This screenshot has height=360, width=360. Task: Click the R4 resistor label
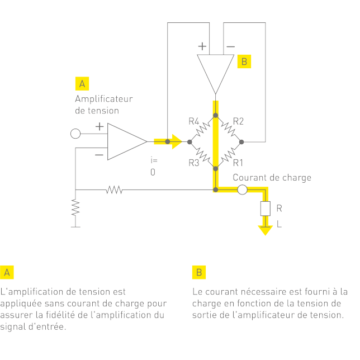pyautogui.click(x=194, y=121)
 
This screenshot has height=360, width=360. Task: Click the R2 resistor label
pyautogui.click(x=238, y=121)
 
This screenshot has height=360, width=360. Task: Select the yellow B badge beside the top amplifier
pyautogui.click(x=244, y=61)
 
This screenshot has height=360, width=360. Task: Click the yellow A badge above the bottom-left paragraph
pyautogui.click(x=7, y=272)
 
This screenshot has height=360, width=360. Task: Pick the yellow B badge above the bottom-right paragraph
pyautogui.click(x=198, y=272)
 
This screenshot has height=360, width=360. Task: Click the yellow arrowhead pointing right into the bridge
pyautogui.click(x=177, y=141)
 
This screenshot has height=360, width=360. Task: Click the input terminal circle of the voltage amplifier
pyautogui.click(x=75, y=134)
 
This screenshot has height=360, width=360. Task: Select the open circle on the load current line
pyautogui.click(x=242, y=190)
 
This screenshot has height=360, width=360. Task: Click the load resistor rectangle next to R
pyautogui.click(x=264, y=209)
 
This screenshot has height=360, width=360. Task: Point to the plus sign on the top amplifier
pyautogui.click(x=202, y=46)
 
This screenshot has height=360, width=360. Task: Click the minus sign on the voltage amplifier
pyautogui.click(x=99, y=155)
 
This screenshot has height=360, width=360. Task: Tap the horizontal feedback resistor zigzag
pyautogui.click(x=114, y=190)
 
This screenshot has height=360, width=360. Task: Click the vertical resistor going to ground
pyautogui.click(x=75, y=208)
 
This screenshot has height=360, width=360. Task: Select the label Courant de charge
pyautogui.click(x=272, y=178)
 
